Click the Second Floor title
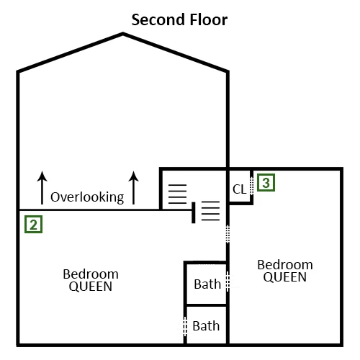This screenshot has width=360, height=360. [x=179, y=19]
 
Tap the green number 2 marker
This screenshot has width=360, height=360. [x=33, y=224]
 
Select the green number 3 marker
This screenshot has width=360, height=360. [x=266, y=183]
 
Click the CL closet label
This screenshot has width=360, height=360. [x=239, y=189]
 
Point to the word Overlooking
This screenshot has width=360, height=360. [x=87, y=197]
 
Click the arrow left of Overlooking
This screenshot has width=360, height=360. [x=42, y=188]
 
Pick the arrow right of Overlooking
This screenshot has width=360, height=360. [x=133, y=188]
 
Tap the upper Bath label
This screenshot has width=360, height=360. [x=207, y=284]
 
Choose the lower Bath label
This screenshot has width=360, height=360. [x=206, y=326]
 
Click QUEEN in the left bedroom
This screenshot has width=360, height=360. [x=91, y=287]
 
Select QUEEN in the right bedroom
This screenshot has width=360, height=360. [x=285, y=277]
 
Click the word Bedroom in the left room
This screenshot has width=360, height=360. [x=91, y=274]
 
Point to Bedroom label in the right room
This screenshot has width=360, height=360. [x=285, y=265]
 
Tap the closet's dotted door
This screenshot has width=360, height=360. [x=251, y=186]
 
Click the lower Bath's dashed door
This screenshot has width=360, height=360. [x=185, y=326]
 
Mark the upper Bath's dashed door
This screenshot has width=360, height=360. [x=228, y=282]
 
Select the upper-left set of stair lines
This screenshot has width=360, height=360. [x=177, y=194]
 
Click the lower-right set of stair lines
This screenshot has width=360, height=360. [x=210, y=211]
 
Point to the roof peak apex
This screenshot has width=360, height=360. [x=123, y=34]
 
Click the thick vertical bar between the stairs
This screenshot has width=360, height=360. [x=194, y=212]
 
